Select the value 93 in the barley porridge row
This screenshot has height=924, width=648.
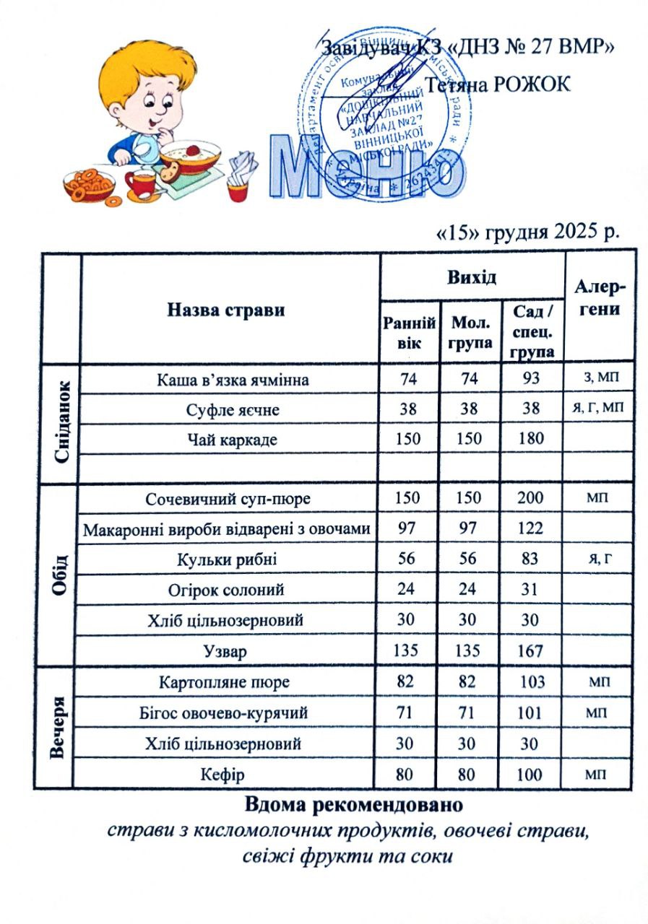click(532, 379)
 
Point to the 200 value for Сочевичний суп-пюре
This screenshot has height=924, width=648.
click(532, 498)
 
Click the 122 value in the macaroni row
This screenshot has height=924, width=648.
click(532, 528)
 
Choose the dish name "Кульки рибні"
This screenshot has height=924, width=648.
click(228, 559)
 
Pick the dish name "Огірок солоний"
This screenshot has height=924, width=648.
click(228, 590)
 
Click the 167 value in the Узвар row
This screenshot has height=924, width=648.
click(532, 650)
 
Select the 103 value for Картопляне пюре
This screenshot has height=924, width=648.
click(532, 681)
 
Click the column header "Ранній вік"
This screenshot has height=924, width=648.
click(408, 332)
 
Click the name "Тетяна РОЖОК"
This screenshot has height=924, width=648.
click(499, 84)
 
